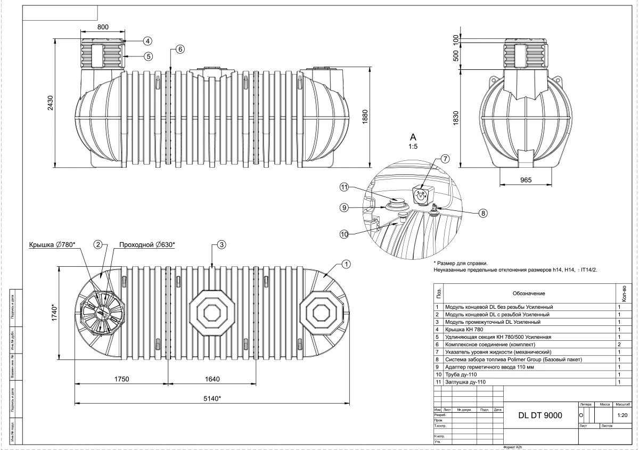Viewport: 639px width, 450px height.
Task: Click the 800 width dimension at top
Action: pos(103,27)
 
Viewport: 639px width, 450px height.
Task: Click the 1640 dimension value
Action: pos(212,379)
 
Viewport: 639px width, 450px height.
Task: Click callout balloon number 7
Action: pos(445,159)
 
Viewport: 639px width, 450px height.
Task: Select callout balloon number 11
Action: pos(345,187)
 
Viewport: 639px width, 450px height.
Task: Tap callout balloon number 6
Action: pos(180,49)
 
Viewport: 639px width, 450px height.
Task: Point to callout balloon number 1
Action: pos(346,264)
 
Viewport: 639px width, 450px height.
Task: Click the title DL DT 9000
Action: pos(540,416)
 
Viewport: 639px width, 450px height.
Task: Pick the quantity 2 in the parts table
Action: pos(620,345)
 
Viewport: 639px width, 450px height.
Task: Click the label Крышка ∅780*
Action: pos(52,244)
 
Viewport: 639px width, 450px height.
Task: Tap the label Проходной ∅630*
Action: pos(147,244)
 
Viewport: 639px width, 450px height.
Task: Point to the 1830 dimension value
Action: pos(455,121)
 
